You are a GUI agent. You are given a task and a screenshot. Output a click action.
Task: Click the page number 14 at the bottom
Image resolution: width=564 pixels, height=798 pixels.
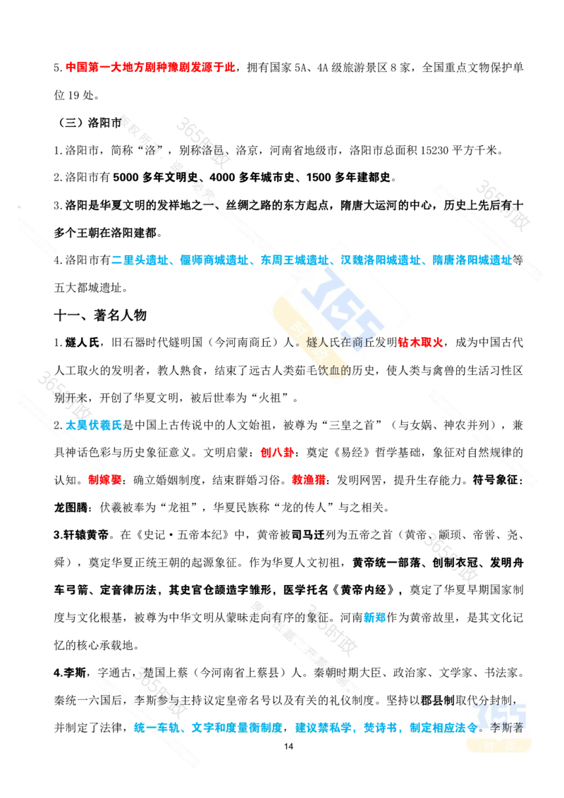(288, 746)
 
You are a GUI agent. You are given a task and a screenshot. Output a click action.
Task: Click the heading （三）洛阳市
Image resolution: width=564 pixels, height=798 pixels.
(89, 123)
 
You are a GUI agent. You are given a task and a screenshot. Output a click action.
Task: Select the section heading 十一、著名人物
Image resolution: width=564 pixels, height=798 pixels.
(100, 315)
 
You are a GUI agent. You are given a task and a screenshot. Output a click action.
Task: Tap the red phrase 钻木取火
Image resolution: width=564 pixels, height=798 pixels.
(420, 343)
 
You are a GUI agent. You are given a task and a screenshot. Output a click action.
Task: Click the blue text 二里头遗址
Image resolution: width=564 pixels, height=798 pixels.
(140, 260)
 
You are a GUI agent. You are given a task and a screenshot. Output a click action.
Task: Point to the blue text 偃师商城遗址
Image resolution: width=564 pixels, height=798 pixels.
(214, 260)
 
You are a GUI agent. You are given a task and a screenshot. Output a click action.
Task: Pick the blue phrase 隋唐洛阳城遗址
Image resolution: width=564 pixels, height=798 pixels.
(472, 260)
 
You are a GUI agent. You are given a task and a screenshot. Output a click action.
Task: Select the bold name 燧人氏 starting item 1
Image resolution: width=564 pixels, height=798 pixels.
(82, 343)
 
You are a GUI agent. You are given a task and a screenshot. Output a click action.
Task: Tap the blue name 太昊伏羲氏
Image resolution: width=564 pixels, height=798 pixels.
(94, 425)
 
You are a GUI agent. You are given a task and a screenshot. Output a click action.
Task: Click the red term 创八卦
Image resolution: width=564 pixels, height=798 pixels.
(277, 453)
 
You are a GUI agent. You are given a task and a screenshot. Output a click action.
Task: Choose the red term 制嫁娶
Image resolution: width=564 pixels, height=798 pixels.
(105, 480)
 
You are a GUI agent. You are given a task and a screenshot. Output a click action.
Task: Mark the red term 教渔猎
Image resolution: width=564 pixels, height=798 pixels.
(309, 480)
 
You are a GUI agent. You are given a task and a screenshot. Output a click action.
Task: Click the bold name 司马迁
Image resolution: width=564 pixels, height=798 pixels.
(308, 535)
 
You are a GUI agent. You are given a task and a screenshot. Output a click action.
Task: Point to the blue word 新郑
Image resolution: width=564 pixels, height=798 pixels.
(374, 618)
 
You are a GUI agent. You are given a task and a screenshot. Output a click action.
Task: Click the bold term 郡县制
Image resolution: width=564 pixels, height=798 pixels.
(438, 700)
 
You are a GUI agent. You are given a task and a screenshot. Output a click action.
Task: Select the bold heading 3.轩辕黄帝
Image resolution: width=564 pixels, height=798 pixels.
(82, 535)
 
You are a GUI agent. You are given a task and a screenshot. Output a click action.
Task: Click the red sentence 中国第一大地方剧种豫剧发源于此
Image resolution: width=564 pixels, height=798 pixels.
(151, 68)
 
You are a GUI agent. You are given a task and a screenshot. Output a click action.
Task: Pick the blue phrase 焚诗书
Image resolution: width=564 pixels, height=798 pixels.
(380, 728)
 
